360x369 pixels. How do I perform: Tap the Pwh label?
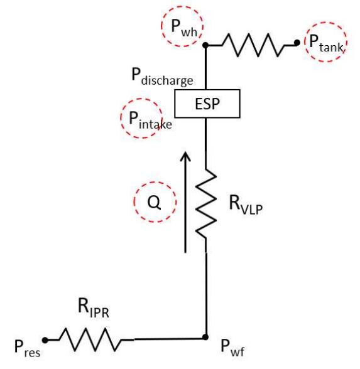[x=184, y=28]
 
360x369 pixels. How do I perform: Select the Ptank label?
[x=326, y=43]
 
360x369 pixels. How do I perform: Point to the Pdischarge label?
[x=162, y=77]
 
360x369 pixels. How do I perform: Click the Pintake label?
[x=150, y=120]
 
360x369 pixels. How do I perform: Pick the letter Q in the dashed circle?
[x=155, y=202]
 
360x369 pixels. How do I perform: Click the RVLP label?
[x=246, y=205]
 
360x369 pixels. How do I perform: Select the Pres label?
[x=27, y=348]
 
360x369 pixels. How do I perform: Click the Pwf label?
[x=232, y=348]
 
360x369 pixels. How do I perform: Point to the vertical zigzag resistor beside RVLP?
[x=205, y=203]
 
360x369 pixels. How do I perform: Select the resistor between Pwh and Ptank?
[x=253, y=45]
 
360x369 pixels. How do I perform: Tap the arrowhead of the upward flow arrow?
[x=185, y=156]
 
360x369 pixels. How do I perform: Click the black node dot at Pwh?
[x=205, y=45]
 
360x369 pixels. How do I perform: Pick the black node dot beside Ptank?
[x=297, y=43]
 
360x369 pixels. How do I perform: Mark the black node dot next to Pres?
[x=45, y=340]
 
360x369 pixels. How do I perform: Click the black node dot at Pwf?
[x=205, y=337]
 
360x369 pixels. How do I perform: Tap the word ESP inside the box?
[x=207, y=104]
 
